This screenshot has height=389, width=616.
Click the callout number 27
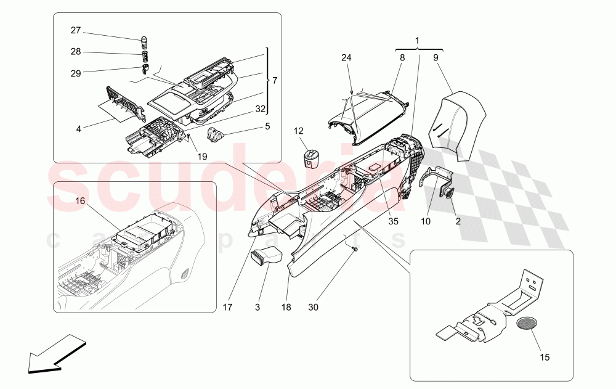75,31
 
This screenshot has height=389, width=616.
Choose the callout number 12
298,131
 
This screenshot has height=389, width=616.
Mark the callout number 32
261,109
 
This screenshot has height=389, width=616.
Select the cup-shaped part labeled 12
310,157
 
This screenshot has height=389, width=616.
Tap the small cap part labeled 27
146,43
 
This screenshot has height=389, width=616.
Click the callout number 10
424,220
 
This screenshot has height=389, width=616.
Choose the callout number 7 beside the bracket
275,81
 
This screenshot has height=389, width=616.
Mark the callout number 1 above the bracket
418,41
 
